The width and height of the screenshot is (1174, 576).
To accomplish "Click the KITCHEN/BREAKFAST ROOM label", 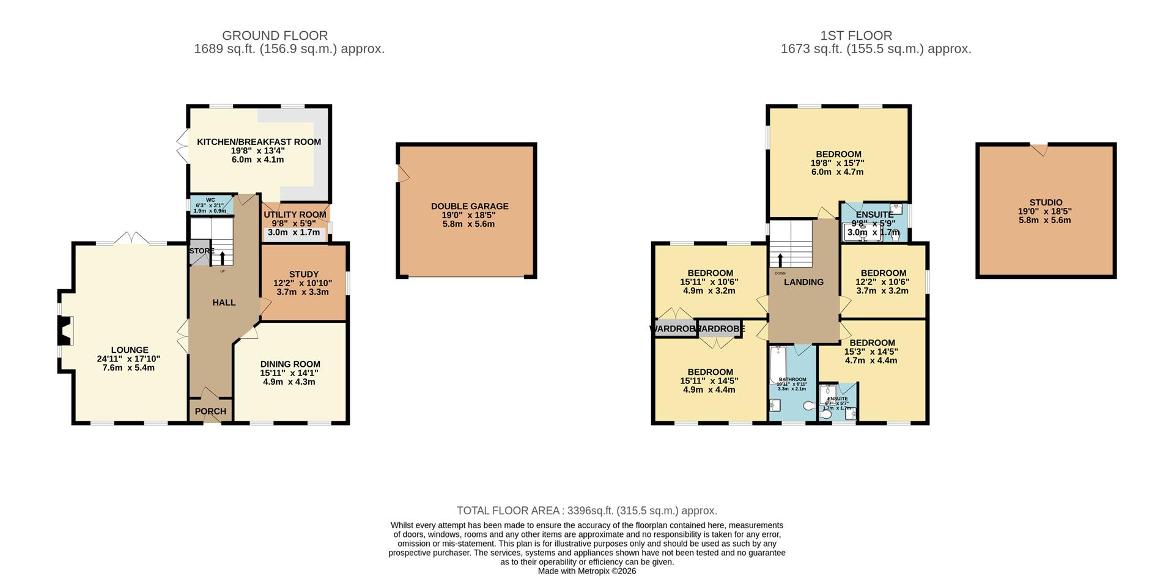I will pyautogui.click(x=259, y=142).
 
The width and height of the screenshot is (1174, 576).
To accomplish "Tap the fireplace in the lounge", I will pyautogui.click(x=65, y=331).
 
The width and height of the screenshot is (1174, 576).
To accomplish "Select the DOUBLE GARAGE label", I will pyautogui.click(x=470, y=207).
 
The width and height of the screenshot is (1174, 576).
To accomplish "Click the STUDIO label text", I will pyautogui.click(x=1046, y=202).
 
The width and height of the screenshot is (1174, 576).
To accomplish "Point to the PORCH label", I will pyautogui.click(x=210, y=412).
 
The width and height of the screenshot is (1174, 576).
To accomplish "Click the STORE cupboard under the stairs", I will pyautogui.click(x=199, y=251).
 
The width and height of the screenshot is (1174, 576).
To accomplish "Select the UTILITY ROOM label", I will pyautogui.click(x=295, y=215).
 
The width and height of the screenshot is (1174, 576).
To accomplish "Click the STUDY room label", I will pyautogui.click(x=304, y=275).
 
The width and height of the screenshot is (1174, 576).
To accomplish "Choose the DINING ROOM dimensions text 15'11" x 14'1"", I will pyautogui.click(x=290, y=373).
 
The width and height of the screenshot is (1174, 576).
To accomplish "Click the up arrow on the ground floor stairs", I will pyautogui.click(x=222, y=257).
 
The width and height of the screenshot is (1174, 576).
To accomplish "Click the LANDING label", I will pyautogui.click(x=803, y=282).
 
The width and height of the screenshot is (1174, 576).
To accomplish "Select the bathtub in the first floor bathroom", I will pyautogui.click(x=778, y=365).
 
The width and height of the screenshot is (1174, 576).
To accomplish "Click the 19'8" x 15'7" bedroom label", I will pyautogui.click(x=838, y=155).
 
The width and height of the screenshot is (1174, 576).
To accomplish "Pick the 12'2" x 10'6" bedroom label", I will pyautogui.click(x=883, y=273).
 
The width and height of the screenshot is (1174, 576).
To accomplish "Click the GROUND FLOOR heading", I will pyautogui.click(x=275, y=35).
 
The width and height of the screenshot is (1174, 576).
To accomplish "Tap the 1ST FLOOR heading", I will pyautogui.click(x=856, y=35).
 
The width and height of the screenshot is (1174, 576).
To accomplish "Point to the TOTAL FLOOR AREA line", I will pyautogui.click(x=586, y=511).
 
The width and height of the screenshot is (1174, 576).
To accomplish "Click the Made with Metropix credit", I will pyautogui.click(x=586, y=571).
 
